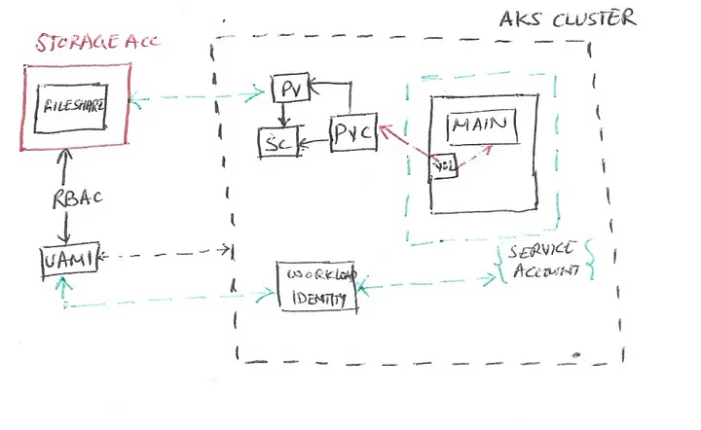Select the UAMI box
tap(66, 259)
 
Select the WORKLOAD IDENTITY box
tap(315, 286)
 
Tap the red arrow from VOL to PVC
tap(404, 145)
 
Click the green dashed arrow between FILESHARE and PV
tap(201, 94)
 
